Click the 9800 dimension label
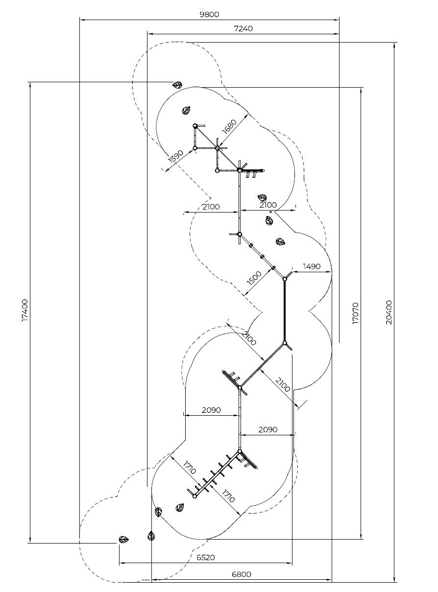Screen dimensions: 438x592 point(209,14)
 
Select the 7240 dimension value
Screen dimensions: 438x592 point(243,28)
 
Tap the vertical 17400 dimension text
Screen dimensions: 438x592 point(25,310)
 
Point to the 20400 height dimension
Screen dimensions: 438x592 point(389,312)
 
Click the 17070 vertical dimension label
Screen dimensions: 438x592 point(355,313)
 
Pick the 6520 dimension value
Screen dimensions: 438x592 point(206,557)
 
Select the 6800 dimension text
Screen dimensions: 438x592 point(242,574)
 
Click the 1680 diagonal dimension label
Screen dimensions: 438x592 point(229,127)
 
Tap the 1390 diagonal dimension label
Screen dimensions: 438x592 point(175,157)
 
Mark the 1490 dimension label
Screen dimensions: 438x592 point(312,266)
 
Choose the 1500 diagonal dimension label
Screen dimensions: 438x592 point(254,278)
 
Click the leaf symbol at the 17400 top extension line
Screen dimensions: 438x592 point(177,85)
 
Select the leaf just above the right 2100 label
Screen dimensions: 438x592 point(262,198)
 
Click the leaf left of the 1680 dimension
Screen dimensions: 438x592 point(186,110)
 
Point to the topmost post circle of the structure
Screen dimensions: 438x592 point(195,125)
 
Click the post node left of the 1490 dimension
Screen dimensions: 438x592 point(285,279)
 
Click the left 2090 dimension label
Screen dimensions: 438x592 point(211,410)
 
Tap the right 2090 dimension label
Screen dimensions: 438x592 point(268,429)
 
